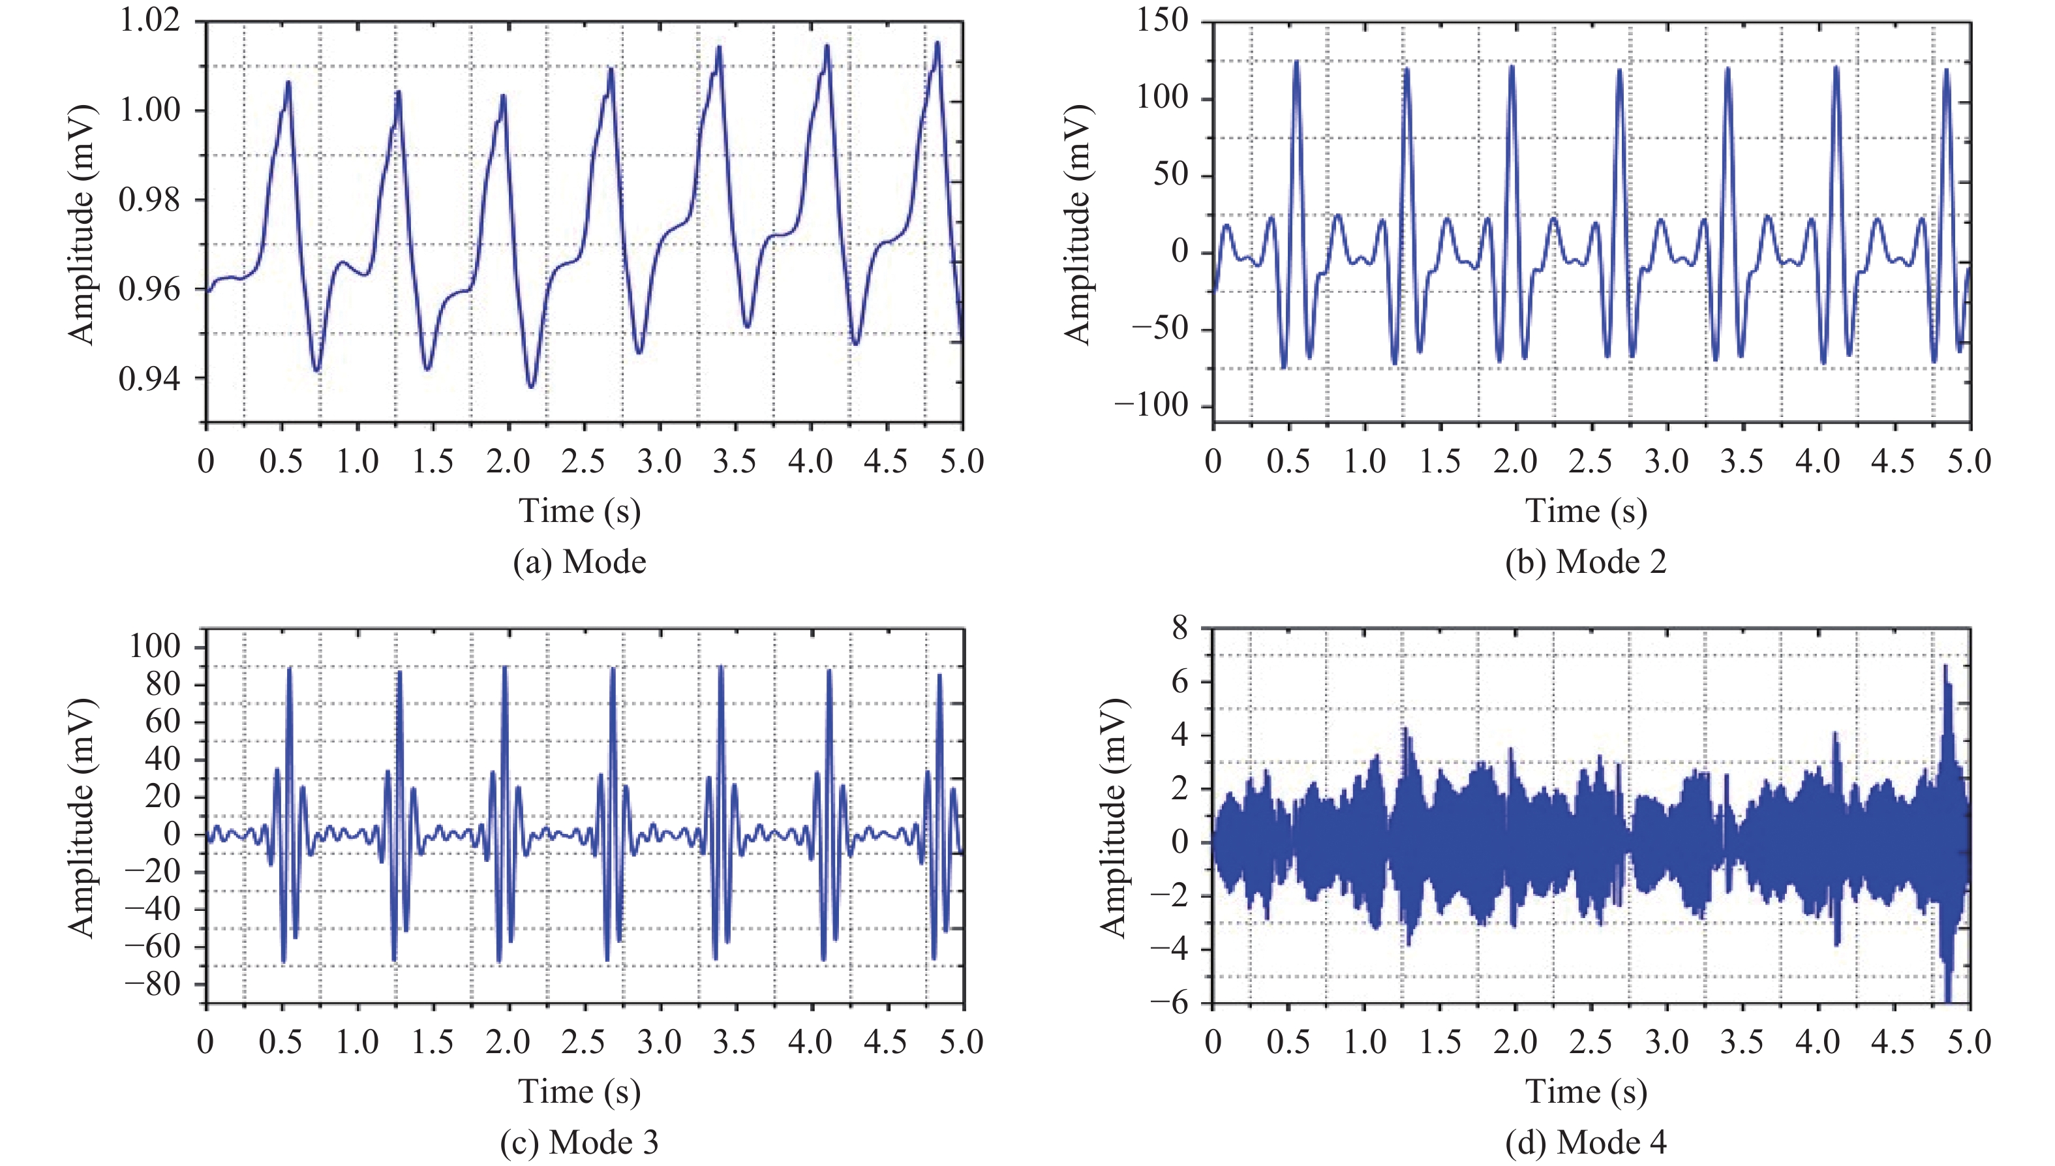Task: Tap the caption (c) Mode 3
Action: (x=579, y=1142)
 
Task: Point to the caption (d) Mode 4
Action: (x=1586, y=1142)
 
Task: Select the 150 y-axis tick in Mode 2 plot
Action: (x=1163, y=20)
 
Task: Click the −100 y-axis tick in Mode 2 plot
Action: (x=1151, y=405)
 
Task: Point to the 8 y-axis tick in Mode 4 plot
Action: (x=1180, y=628)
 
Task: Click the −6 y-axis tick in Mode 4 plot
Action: (x=1169, y=1003)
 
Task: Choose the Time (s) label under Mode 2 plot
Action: (x=1586, y=511)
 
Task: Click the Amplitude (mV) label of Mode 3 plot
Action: (x=82, y=817)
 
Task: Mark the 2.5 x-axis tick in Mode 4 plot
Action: (x=1591, y=1042)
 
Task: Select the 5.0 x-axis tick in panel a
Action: (x=962, y=461)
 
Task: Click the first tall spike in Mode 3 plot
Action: (x=290, y=669)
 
